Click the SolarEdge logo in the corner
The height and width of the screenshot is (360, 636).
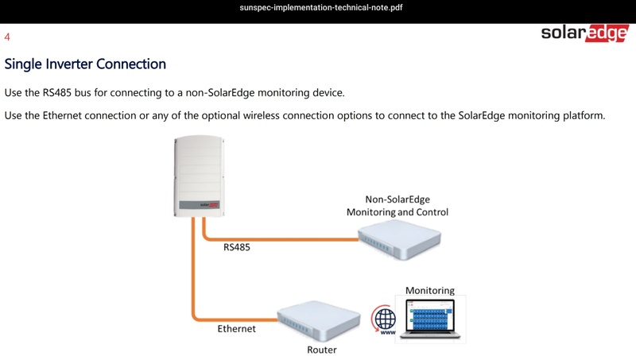tap(584, 33)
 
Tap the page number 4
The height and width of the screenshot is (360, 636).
tap(7, 37)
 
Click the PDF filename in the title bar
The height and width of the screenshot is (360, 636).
tap(321, 7)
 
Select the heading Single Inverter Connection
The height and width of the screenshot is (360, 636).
tap(85, 64)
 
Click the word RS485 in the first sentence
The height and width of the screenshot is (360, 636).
tap(56, 92)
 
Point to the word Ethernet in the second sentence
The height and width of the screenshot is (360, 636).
tap(62, 115)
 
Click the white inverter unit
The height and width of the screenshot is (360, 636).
tap(199, 176)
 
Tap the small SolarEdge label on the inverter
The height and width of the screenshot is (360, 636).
tap(209, 205)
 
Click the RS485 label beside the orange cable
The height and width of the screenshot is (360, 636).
tap(237, 247)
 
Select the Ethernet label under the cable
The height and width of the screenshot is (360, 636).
tap(236, 329)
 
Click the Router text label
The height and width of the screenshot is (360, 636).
tap(322, 350)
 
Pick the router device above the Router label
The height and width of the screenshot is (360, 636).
tap(319, 319)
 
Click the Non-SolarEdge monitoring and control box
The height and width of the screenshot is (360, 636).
tap(400, 239)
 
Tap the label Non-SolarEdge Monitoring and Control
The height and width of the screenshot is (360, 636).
tap(397, 206)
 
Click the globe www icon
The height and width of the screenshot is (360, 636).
tap(384, 319)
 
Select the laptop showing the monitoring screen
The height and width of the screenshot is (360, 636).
tap(430, 319)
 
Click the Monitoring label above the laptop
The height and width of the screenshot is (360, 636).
tap(430, 291)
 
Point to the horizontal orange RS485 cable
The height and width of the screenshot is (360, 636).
tap(281, 239)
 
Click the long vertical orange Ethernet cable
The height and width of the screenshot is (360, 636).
tap(193, 269)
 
